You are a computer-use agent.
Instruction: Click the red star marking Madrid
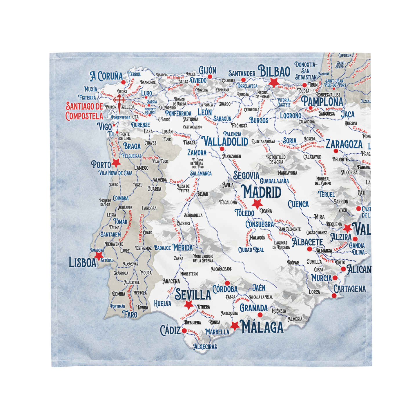tap(257, 204)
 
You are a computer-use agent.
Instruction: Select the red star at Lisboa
tap(99, 255)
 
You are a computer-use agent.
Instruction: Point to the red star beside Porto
tap(116, 163)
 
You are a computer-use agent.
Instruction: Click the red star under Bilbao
tap(273, 82)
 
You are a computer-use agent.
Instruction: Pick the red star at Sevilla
tap(188, 305)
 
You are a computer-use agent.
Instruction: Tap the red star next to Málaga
tap(235, 326)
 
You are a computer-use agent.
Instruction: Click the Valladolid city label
tap(225, 142)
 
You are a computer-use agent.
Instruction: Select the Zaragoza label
tap(344, 144)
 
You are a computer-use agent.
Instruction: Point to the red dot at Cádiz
tap(184, 331)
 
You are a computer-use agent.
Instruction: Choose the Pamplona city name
tap(322, 102)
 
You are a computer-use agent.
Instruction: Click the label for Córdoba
tap(225, 289)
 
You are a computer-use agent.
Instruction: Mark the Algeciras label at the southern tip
tap(205, 347)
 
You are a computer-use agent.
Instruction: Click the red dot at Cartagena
tap(334, 296)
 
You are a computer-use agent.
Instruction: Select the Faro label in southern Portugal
tap(130, 314)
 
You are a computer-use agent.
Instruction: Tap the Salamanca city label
tap(201, 173)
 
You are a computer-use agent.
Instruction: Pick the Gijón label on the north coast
tap(207, 70)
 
